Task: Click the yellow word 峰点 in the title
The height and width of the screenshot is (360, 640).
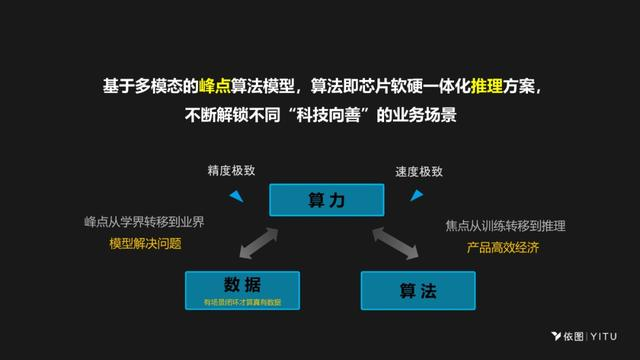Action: pos(216,87)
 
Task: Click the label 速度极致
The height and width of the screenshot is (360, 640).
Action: pos(418,171)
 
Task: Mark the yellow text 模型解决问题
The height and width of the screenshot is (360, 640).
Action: pos(146,244)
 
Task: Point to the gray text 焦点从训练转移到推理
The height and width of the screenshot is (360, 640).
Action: pos(506,226)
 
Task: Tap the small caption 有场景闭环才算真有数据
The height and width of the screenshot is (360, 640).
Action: pos(242,302)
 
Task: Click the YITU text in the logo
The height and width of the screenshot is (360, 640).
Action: pos(602,336)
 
